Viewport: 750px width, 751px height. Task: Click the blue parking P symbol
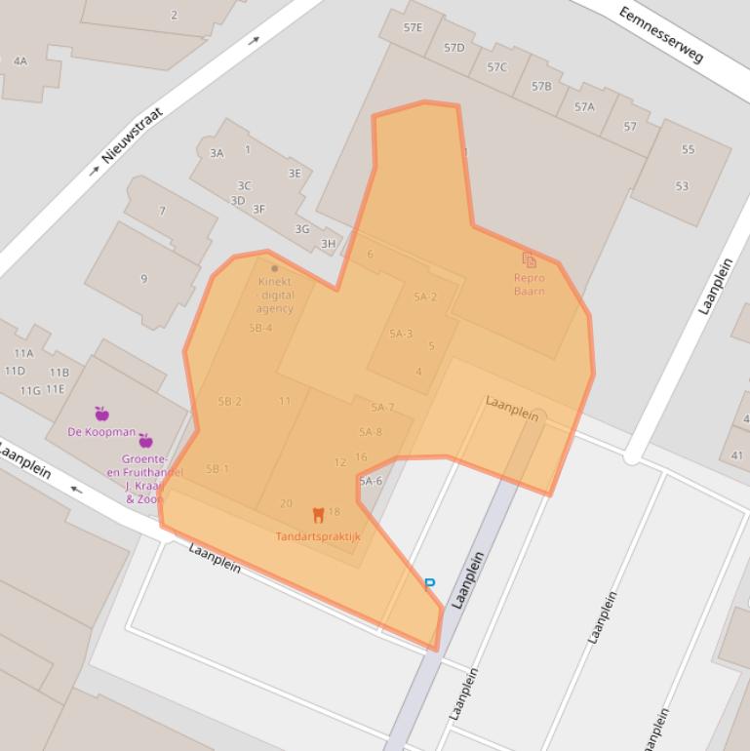[x=429, y=584]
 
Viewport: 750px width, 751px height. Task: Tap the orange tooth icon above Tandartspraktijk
[x=318, y=515]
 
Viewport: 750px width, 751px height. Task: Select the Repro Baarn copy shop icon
[x=529, y=259]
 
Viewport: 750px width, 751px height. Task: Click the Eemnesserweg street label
[x=660, y=34]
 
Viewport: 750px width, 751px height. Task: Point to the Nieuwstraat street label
[x=134, y=135]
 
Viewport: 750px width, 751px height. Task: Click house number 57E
[x=414, y=27]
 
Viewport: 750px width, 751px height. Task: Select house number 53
[x=682, y=186]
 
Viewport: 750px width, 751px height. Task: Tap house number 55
[x=689, y=149]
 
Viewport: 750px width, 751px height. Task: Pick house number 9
[x=144, y=279]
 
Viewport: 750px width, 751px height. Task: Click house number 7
[x=162, y=211]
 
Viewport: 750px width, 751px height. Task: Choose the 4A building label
[x=20, y=60]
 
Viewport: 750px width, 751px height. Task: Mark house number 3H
[x=328, y=244]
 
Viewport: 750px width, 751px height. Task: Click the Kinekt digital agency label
[x=274, y=295]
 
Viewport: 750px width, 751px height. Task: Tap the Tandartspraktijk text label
[x=318, y=536]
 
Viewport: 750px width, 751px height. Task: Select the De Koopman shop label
[x=101, y=431]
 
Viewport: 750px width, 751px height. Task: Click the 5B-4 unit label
[x=260, y=328]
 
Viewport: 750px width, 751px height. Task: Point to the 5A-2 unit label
[x=425, y=296]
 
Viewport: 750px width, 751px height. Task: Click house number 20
[x=286, y=503]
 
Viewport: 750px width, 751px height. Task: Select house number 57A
[x=584, y=106]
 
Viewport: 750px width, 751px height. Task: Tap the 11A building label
[x=23, y=353]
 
